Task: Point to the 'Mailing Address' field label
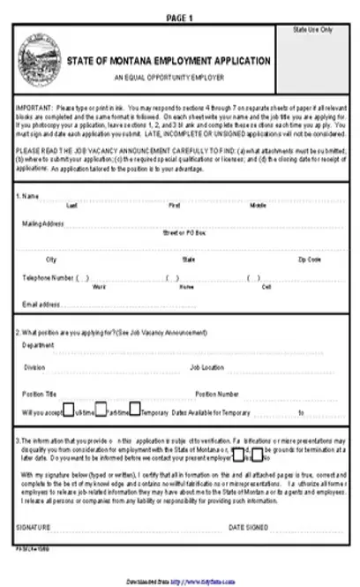coord(42,223)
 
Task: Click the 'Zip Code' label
coord(309,260)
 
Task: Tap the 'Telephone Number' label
coord(48,277)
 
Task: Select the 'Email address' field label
coord(41,304)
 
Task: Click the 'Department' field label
coord(38,346)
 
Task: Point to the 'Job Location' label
coord(207,366)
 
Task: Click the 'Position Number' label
coord(217,394)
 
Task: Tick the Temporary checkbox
coord(135,410)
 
